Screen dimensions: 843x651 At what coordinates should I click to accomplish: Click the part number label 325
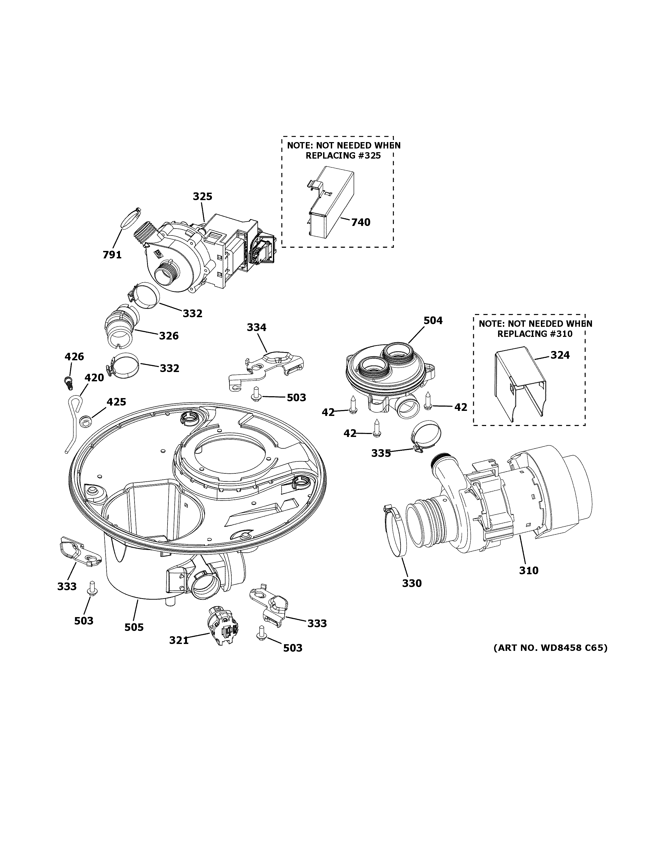point(202,196)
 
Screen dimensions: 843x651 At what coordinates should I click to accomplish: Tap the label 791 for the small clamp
point(112,255)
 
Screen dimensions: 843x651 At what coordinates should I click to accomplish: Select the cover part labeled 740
point(331,201)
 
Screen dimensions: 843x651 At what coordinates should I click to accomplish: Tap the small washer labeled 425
point(85,421)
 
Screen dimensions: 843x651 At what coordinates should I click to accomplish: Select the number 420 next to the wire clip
point(94,378)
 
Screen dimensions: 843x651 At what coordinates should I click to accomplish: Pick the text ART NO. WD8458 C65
point(550,647)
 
